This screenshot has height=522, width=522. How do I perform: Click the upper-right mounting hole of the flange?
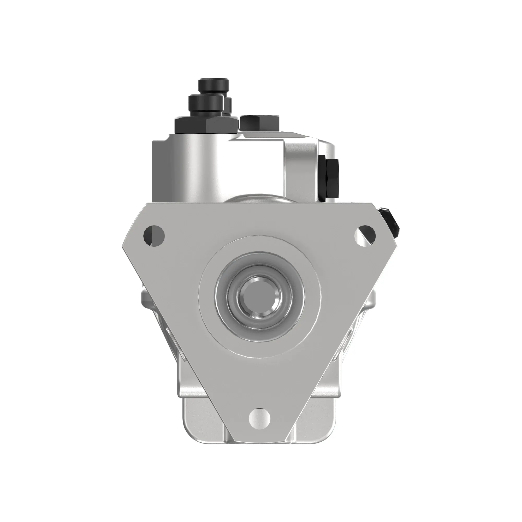[x=366, y=235]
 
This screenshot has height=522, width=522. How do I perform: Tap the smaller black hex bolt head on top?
[x=259, y=122]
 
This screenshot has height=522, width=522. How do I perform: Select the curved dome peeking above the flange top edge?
[x=259, y=198]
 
